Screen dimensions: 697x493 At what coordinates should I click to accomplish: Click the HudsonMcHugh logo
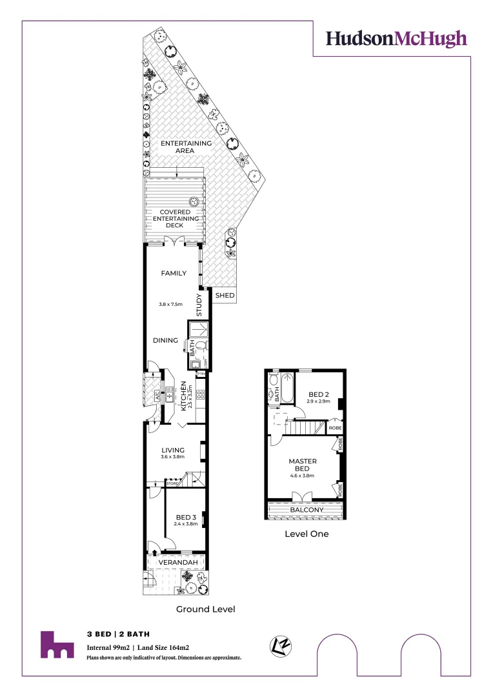396,39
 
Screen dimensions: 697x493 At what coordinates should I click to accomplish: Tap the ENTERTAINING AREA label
186,146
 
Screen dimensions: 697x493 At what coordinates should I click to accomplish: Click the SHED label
225,296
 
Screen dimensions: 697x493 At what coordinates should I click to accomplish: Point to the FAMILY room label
174,273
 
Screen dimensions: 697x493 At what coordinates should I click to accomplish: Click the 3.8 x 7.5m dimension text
172,303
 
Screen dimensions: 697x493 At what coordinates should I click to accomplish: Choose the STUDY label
199,305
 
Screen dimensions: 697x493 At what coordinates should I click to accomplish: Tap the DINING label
165,340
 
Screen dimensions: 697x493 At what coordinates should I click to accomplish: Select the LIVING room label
172,450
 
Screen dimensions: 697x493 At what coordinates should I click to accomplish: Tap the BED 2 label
319,394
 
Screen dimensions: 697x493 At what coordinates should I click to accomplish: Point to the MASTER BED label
302,464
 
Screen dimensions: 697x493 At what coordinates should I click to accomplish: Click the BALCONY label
307,510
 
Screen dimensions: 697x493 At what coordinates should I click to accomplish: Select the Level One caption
307,534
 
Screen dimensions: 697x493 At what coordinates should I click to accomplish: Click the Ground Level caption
206,609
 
